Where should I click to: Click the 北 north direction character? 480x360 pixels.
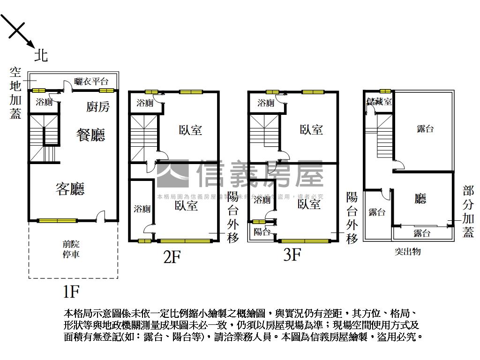coord(41,56)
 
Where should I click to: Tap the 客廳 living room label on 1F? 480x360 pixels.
coord(70,189)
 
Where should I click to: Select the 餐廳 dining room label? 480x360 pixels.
coord(90,135)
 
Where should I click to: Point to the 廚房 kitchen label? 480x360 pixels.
coord(98,106)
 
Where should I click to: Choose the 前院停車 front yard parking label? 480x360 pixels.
coord(71,249)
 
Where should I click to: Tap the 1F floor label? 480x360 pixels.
coord(71,292)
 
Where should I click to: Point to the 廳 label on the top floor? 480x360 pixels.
coord(420,199)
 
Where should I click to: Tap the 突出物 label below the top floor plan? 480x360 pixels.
coord(407,252)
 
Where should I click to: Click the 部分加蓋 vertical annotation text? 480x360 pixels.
coord(468,211)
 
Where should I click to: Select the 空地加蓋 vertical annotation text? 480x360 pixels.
coord(15,93)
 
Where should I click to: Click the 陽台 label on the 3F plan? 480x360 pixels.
coord(262,231)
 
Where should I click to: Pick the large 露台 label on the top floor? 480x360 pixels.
coord(425,128)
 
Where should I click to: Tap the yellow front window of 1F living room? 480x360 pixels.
coord(57,220)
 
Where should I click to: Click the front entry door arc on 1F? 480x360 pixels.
coord(100,216)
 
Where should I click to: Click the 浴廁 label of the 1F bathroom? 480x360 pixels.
coord(45,102)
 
